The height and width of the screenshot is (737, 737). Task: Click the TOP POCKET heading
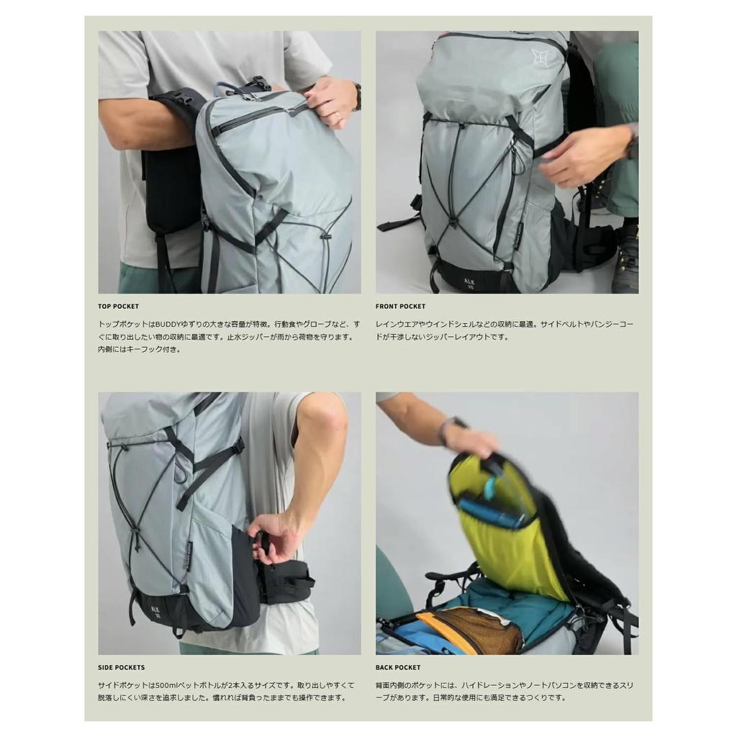[119, 307]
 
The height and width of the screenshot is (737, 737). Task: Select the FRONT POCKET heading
[400, 307]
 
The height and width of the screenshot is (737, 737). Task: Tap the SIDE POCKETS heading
[121, 668]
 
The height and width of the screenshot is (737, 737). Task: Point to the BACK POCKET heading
[398, 668]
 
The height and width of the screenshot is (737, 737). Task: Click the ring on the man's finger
[338, 114]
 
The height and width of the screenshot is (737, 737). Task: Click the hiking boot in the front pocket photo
[625, 259]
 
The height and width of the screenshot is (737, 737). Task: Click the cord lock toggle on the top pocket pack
[325, 235]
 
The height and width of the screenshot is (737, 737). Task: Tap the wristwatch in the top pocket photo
[357, 96]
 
